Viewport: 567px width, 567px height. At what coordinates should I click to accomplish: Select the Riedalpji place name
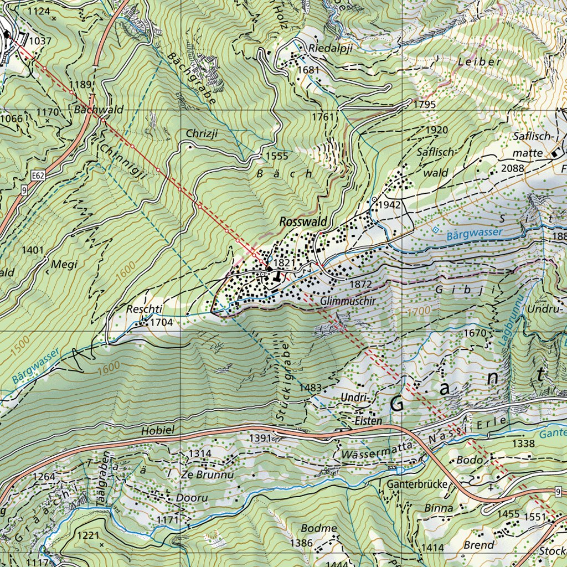(x=331, y=48)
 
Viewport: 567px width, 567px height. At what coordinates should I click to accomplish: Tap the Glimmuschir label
(x=348, y=301)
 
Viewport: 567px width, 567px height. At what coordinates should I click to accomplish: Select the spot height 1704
(x=162, y=322)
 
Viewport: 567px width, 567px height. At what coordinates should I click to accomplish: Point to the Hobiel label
(x=158, y=430)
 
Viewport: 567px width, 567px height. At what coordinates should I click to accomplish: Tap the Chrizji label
(x=202, y=133)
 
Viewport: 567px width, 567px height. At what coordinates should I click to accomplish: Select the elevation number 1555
(x=277, y=156)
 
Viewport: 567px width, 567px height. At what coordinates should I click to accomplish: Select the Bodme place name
(x=319, y=528)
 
